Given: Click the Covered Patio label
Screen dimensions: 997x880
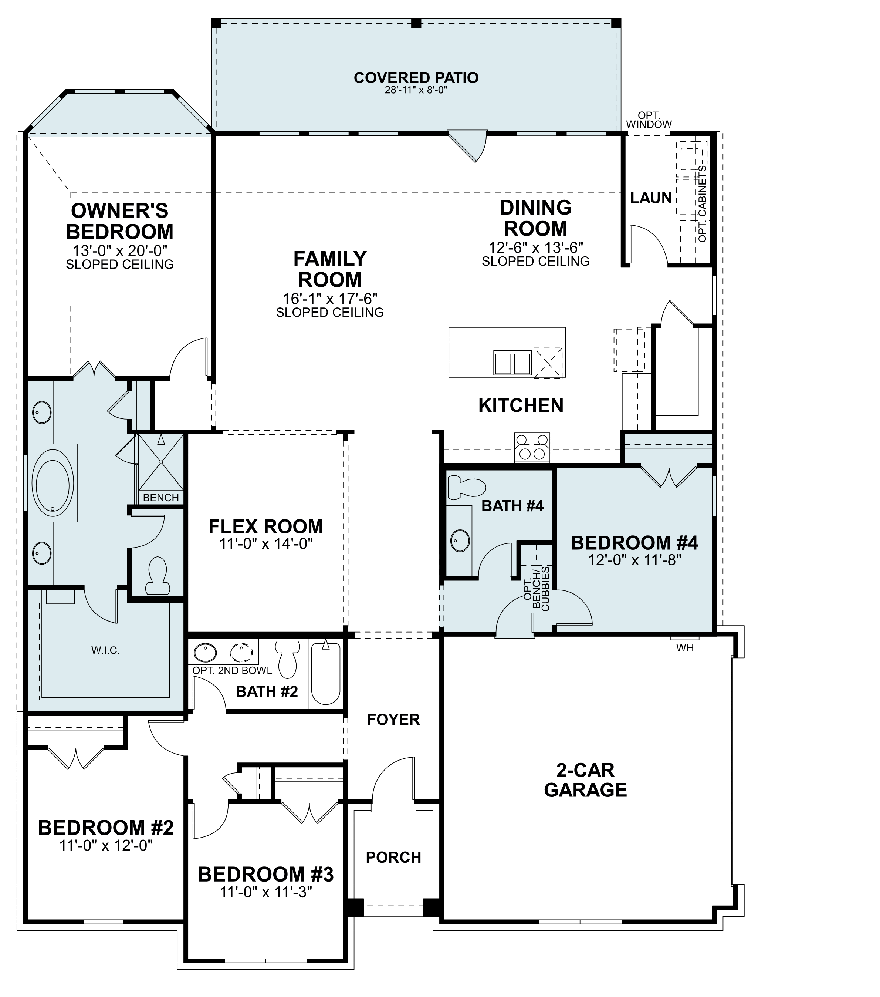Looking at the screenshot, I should click(416, 78).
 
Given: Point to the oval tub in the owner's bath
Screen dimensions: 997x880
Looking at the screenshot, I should click(53, 483).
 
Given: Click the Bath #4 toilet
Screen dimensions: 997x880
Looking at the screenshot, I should click(467, 487).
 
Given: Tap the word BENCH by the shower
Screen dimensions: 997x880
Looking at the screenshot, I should click(161, 498).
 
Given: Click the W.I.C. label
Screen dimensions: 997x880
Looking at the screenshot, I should click(105, 651).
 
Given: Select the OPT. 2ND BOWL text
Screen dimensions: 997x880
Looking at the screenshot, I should click(232, 670).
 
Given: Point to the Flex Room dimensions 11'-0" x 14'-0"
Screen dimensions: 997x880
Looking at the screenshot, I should click(266, 543).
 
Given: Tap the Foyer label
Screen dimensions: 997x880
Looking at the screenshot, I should click(393, 720).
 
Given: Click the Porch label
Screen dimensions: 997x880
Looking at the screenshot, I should click(393, 858).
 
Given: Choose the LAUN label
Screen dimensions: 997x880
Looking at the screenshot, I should click(651, 198).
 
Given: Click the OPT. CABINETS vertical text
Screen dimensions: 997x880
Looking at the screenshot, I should click(702, 204).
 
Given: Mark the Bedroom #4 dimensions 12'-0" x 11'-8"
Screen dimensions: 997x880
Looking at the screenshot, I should click(634, 560).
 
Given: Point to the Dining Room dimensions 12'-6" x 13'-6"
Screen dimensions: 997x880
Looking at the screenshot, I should click(536, 248).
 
